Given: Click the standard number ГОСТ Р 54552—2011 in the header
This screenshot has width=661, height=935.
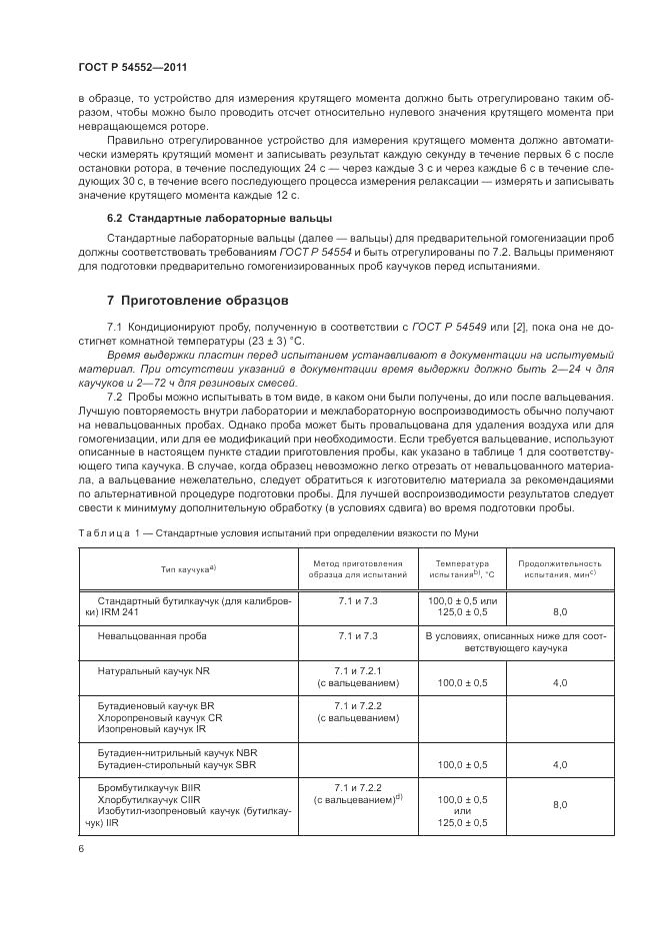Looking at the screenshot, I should [134, 66].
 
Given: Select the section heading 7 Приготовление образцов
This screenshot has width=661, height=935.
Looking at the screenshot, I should [197, 300].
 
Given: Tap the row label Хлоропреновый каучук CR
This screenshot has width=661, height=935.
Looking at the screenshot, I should [160, 717].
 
